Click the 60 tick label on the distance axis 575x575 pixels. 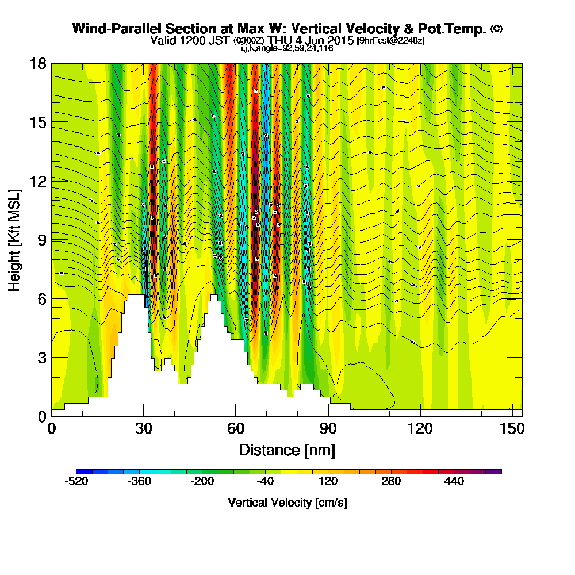click(x=236, y=428)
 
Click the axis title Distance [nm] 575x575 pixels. click(x=287, y=449)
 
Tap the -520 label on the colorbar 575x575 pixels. click(x=77, y=482)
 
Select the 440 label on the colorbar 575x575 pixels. click(x=454, y=482)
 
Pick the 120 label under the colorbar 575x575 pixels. click(x=328, y=482)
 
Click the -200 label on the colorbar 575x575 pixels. click(x=202, y=482)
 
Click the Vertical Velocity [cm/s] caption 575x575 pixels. click(x=287, y=503)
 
